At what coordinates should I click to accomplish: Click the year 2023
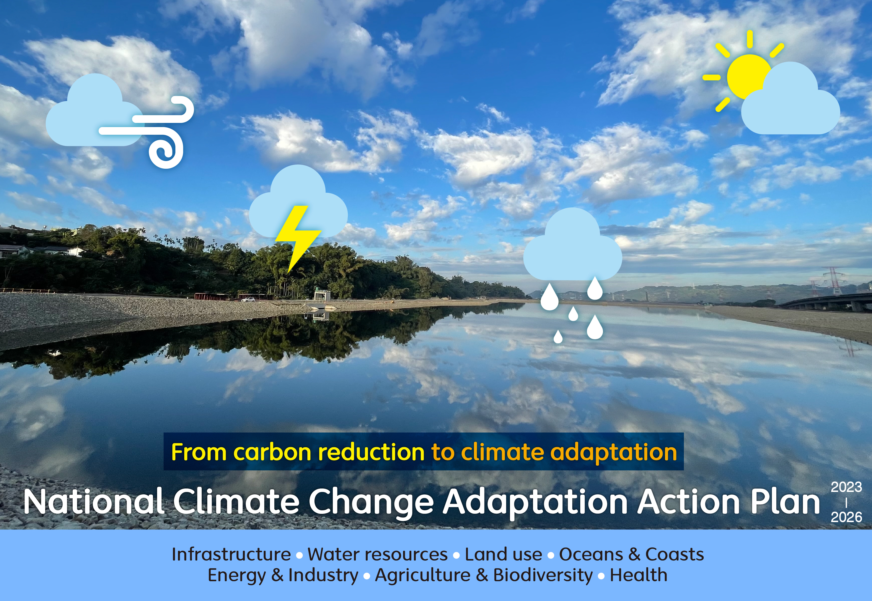click(846, 487)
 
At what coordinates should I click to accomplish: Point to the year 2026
click(846, 517)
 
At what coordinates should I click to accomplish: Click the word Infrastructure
click(231, 554)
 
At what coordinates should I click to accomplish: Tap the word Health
click(638, 575)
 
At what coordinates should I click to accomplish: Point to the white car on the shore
click(248, 300)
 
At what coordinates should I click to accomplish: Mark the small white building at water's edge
click(322, 295)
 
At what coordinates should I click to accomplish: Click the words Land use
click(503, 554)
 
